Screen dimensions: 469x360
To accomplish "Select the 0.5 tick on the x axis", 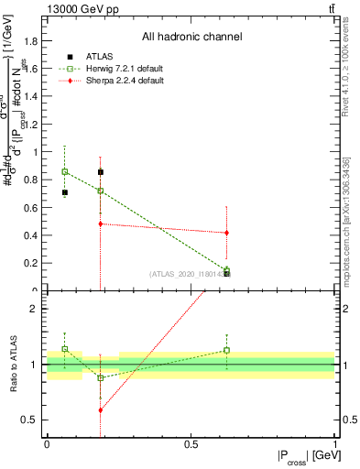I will (191, 445).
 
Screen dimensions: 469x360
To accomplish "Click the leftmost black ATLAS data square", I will (64, 192).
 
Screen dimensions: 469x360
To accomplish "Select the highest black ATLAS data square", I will (101, 171).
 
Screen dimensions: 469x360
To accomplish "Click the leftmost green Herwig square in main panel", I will (64, 171).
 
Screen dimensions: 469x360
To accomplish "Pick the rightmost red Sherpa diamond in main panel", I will (226, 233).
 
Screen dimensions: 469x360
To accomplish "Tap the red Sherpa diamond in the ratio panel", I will (101, 409).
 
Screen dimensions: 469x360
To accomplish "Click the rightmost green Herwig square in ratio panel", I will (226, 350).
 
